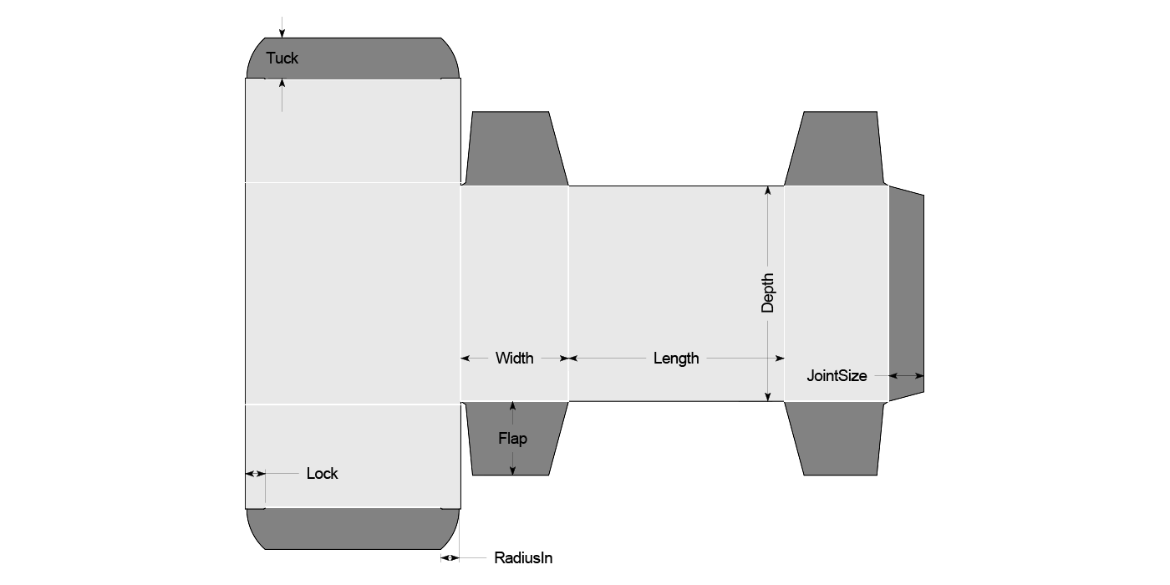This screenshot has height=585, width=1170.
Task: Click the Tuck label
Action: [x=282, y=58]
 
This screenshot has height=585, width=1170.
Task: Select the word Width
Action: [x=514, y=359]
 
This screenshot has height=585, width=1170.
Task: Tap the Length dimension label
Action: [x=676, y=359]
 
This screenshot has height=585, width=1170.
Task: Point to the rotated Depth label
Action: [x=767, y=293]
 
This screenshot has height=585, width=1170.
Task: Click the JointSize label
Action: [x=837, y=376]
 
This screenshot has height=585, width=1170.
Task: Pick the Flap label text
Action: [x=513, y=439]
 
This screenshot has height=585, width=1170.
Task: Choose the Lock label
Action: [x=322, y=474]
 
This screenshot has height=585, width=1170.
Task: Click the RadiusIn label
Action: [x=523, y=558]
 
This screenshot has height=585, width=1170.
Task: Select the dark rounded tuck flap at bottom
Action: [x=353, y=528]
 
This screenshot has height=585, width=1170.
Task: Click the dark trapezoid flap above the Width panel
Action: [x=515, y=149]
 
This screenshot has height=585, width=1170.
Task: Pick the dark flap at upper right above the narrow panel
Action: [x=836, y=149]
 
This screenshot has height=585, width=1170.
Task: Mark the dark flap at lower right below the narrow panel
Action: [x=836, y=438]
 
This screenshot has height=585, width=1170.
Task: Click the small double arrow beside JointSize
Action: [x=906, y=376]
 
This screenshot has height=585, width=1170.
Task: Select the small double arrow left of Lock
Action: [x=255, y=474]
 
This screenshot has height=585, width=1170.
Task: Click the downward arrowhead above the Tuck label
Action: [x=282, y=33]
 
